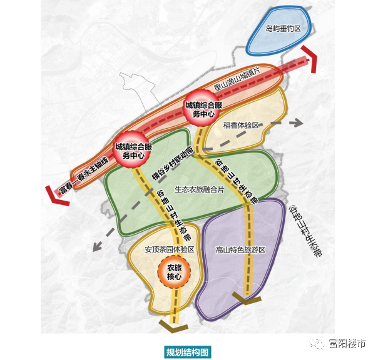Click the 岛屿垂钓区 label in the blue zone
click(x=283, y=29)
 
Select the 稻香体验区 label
click(x=241, y=125)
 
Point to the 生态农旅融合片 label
click(x=199, y=189)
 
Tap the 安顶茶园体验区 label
click(x=169, y=249)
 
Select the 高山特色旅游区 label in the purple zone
click(x=241, y=249)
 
